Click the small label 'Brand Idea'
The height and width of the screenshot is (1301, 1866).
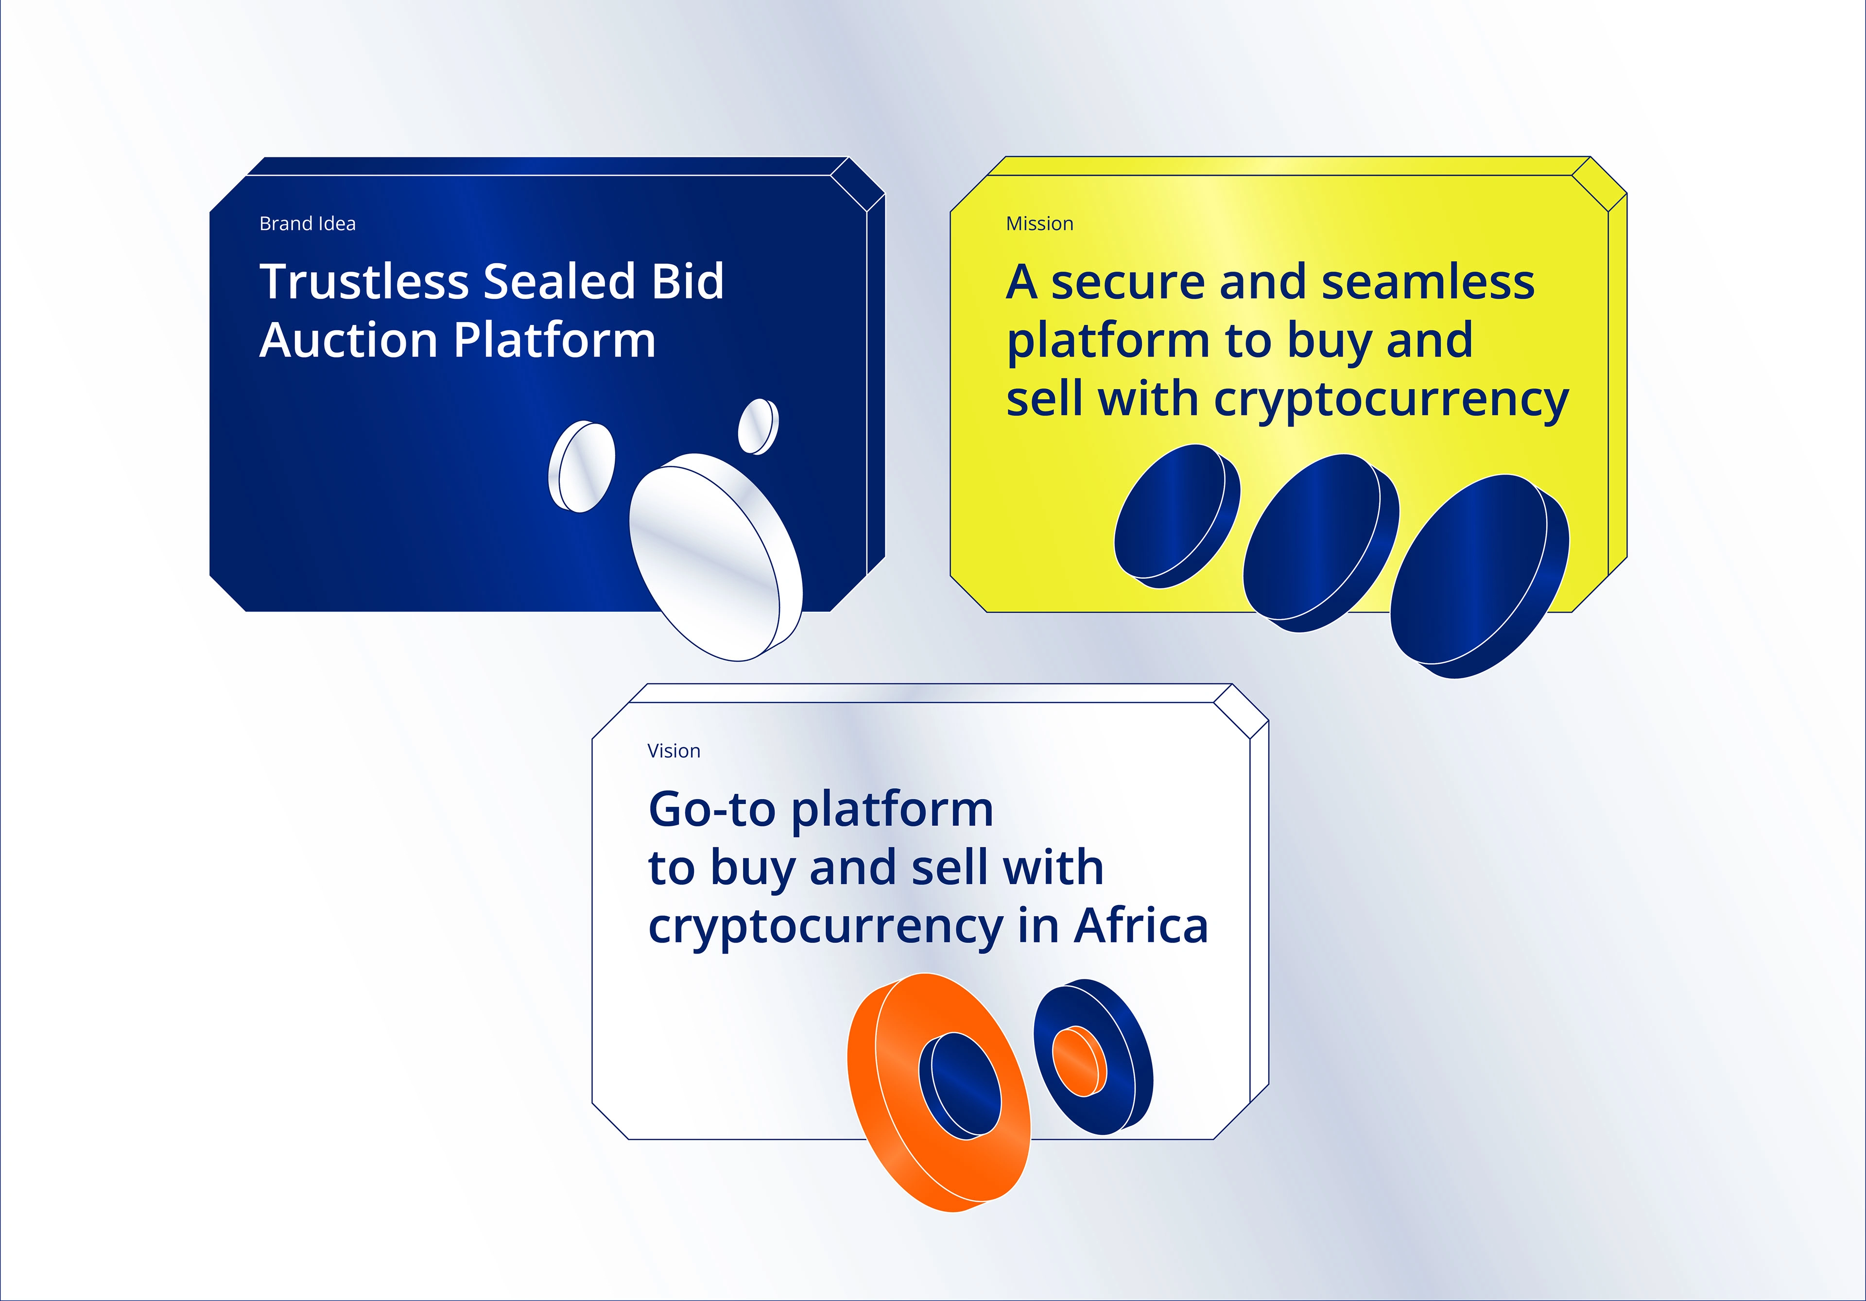[x=307, y=223]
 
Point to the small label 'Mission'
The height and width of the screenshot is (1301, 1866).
[x=1039, y=223]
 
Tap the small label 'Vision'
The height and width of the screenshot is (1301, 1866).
[x=674, y=751]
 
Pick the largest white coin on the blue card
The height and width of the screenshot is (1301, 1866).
[x=716, y=557]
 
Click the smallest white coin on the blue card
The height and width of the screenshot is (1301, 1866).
[x=758, y=427]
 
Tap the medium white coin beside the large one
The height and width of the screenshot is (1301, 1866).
[x=582, y=466]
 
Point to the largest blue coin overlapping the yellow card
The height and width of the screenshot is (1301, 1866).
[x=1479, y=577]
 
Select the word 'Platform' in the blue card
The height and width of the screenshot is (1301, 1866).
[x=555, y=340]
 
